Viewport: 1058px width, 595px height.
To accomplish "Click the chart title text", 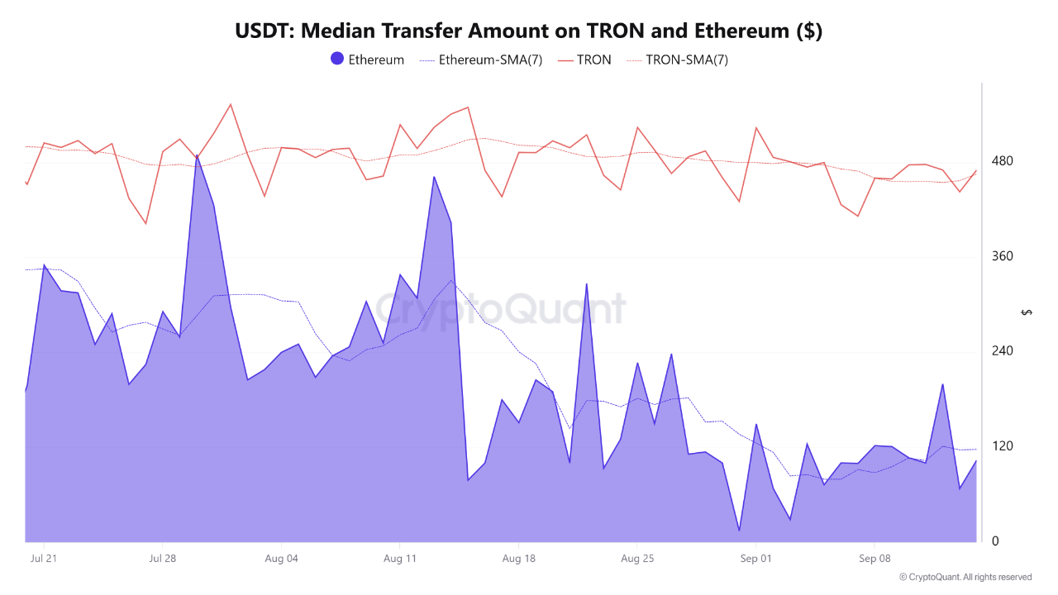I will click(528, 31).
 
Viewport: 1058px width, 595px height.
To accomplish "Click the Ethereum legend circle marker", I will click(337, 59).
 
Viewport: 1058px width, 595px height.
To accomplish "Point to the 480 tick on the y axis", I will click(1002, 160).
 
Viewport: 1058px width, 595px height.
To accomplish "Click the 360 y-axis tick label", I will click(1002, 256).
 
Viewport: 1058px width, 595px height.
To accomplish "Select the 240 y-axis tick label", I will click(1002, 351).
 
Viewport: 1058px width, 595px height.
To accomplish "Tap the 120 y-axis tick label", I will click(1002, 446).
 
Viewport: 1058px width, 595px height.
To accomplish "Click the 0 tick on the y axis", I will click(995, 541).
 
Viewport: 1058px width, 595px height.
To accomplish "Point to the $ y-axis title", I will click(1027, 312).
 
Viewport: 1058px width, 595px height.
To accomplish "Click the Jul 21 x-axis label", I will click(44, 559).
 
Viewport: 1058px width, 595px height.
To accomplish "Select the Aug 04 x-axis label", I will click(281, 559).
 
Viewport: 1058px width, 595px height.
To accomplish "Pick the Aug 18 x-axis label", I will click(518, 559).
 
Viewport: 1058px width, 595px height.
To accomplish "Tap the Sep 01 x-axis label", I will click(755, 559).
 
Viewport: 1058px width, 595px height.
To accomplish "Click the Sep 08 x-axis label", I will click(875, 559).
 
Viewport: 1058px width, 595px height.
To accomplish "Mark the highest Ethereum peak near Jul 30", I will click(197, 155).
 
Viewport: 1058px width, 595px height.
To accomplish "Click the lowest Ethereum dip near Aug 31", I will click(739, 531).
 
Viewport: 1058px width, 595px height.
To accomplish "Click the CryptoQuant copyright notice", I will click(965, 577).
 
